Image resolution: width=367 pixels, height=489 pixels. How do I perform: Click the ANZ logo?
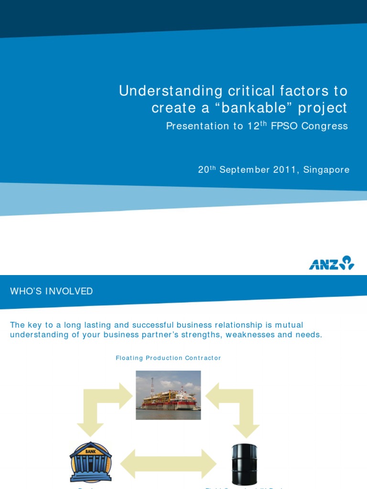tap(331, 263)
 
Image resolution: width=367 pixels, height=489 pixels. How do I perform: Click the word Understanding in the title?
tap(171, 91)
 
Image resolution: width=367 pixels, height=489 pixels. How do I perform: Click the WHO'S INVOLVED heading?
tap(52, 291)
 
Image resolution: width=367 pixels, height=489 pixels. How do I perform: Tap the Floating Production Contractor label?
tap(168, 358)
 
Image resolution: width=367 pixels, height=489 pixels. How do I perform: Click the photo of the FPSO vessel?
tap(168, 395)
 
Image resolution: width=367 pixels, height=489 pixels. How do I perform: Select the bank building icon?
tap(91, 462)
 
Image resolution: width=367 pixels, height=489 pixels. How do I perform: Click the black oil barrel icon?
tap(244, 464)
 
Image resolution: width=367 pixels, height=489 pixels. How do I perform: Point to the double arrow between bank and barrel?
tap(168, 464)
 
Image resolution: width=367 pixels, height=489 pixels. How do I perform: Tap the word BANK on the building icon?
tap(91, 451)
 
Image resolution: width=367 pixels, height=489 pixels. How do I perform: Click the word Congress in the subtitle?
tap(330, 126)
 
